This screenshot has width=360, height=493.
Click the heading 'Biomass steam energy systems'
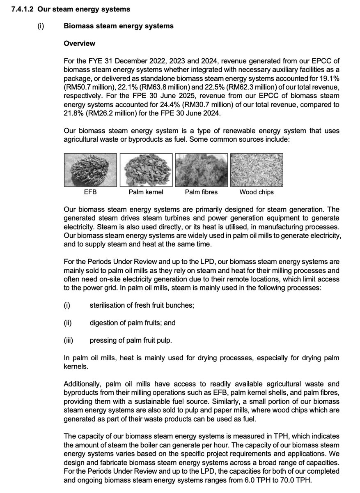(118, 26)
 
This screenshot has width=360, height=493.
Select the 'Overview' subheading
(79, 43)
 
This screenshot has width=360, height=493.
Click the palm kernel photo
(146, 170)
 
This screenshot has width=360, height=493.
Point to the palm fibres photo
(201, 170)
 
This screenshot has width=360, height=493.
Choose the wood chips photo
(257, 170)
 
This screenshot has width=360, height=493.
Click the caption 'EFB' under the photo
(90, 192)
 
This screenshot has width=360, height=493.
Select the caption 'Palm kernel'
(146, 192)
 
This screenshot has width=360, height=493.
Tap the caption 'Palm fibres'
(201, 192)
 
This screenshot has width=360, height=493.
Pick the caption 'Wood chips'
(257, 192)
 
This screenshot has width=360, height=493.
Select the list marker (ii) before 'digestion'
(68, 323)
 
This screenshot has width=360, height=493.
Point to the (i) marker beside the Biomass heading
(41, 26)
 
